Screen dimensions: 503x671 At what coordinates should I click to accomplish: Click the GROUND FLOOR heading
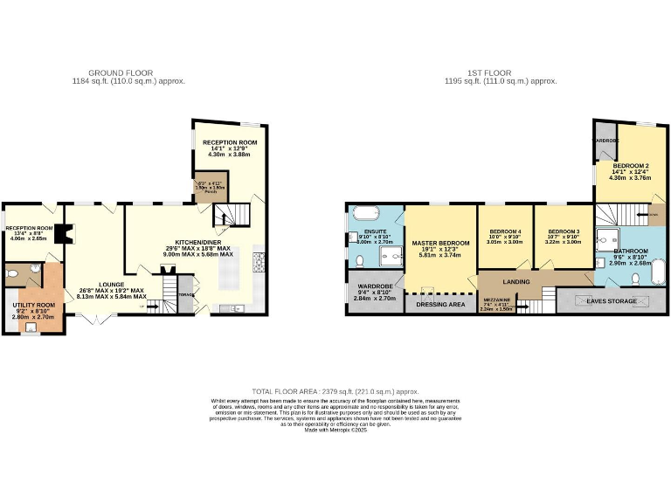121,72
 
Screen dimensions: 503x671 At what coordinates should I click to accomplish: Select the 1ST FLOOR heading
499,72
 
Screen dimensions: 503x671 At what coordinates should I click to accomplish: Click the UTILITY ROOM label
33,305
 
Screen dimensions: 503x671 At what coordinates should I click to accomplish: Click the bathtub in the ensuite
365,212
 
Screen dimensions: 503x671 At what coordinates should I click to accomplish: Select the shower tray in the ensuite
387,255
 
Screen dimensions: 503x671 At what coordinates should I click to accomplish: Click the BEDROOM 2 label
629,165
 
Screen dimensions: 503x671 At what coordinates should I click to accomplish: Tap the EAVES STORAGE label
611,301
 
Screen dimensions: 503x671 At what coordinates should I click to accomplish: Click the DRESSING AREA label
440,305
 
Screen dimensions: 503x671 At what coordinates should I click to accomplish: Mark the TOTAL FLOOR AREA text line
335,392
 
